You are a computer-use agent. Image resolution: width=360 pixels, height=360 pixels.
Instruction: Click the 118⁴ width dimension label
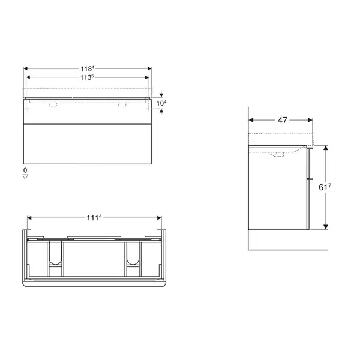87,68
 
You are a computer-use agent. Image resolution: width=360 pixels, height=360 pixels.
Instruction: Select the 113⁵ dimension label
87,77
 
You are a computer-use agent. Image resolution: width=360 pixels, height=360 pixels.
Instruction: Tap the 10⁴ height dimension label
161,103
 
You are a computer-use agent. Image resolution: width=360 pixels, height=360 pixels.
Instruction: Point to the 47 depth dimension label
283,120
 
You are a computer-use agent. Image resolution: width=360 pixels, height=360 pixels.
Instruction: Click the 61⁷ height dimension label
325,187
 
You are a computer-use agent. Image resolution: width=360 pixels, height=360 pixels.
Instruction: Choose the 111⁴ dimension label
94,217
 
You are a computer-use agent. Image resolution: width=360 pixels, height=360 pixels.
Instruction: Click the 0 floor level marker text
25,170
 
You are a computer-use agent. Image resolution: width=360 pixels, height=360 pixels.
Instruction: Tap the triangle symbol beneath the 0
25,176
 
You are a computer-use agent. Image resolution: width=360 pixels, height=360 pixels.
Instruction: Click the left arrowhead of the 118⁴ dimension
26,68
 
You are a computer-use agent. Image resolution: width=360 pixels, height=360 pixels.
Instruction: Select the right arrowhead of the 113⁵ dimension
147,77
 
